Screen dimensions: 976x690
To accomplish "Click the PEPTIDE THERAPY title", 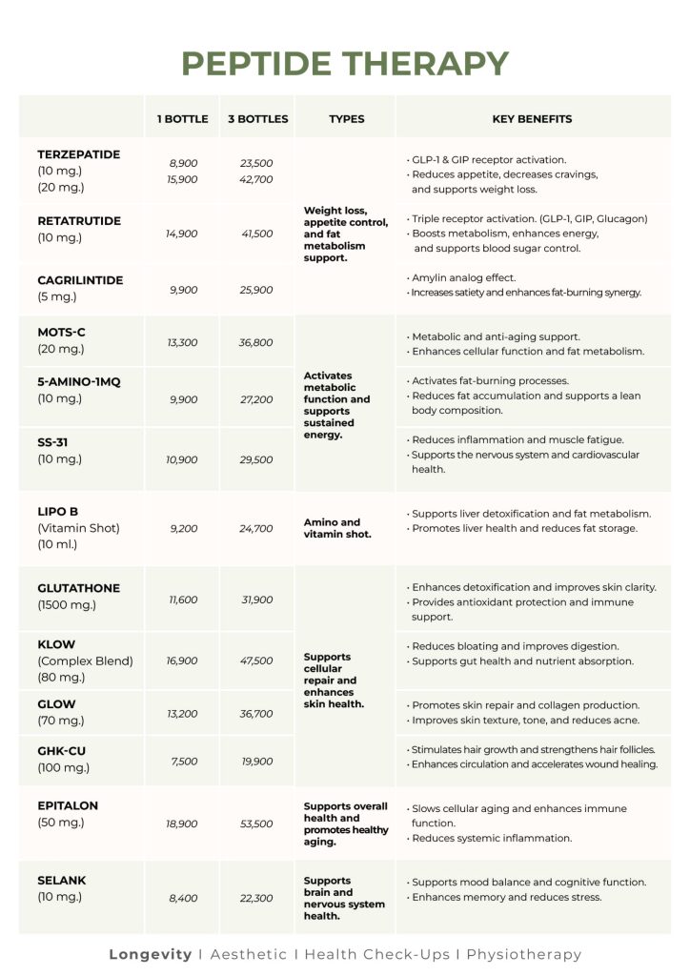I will pos(345,63).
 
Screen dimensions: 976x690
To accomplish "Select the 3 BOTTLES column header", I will pos(257,119).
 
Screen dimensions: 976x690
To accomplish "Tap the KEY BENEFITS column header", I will pos(532,119).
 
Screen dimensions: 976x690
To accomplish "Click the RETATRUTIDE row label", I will pos(79,221).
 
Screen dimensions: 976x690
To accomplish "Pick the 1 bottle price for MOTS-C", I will pos(182,342).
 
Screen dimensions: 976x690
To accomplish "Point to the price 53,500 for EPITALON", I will pos(256,823).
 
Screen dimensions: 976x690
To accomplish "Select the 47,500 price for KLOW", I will pos(256,661).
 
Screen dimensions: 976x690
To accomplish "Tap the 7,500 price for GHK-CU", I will pos(182,761).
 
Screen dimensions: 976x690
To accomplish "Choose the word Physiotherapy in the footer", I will pos(523,954).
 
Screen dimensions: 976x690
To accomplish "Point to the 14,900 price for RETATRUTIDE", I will pos(182,234).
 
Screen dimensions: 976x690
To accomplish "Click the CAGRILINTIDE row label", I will pos(80,280).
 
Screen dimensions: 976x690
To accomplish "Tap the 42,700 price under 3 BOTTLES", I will pos(256,179).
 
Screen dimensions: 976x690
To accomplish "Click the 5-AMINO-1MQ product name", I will pos(79,381).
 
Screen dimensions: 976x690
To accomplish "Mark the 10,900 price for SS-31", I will pos(182,459).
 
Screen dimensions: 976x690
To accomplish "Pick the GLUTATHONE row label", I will pos(79,588).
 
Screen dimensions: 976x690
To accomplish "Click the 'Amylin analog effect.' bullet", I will pos(463,277).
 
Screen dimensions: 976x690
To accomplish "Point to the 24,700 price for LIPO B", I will pos(256,528).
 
